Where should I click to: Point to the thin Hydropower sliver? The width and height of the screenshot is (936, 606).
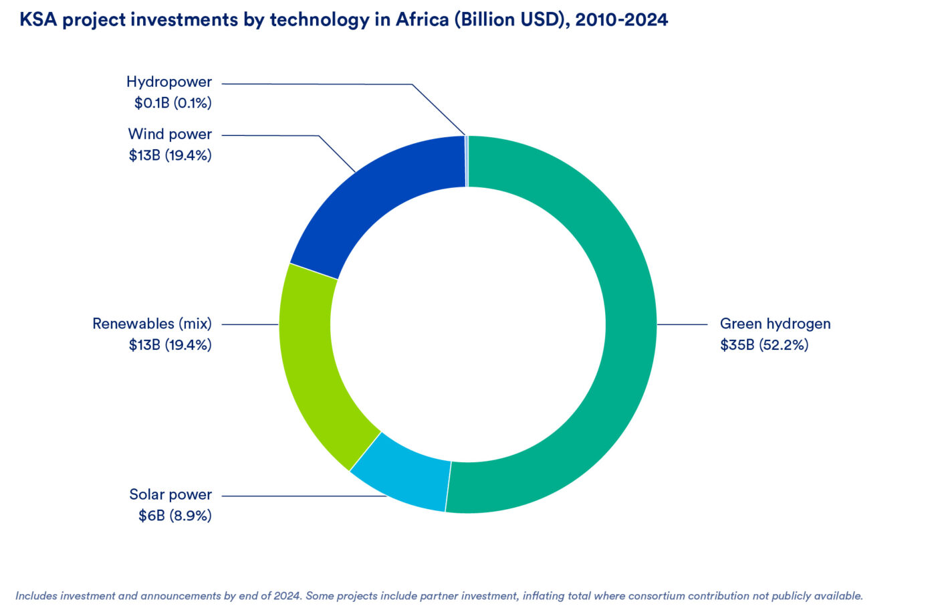click(467, 161)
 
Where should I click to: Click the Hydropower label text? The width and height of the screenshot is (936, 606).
click(169, 82)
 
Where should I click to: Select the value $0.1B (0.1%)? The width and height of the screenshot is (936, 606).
click(172, 103)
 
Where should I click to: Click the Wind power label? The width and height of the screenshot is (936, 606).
click(170, 134)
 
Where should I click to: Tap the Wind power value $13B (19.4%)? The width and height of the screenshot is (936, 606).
click(170, 155)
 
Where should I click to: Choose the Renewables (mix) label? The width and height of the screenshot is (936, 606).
click(152, 324)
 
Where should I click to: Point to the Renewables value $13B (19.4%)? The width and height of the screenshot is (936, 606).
click(170, 345)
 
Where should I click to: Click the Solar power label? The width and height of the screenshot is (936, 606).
click(170, 494)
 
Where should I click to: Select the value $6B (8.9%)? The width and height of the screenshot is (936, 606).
click(174, 516)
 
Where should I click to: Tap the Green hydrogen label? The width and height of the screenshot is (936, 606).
click(775, 324)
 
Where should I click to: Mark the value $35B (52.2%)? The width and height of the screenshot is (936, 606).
click(764, 345)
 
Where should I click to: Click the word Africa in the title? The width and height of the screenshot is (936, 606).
click(422, 19)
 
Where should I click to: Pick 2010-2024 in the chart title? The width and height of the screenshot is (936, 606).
click(621, 19)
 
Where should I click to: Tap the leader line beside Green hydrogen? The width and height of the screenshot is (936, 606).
click(682, 324)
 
